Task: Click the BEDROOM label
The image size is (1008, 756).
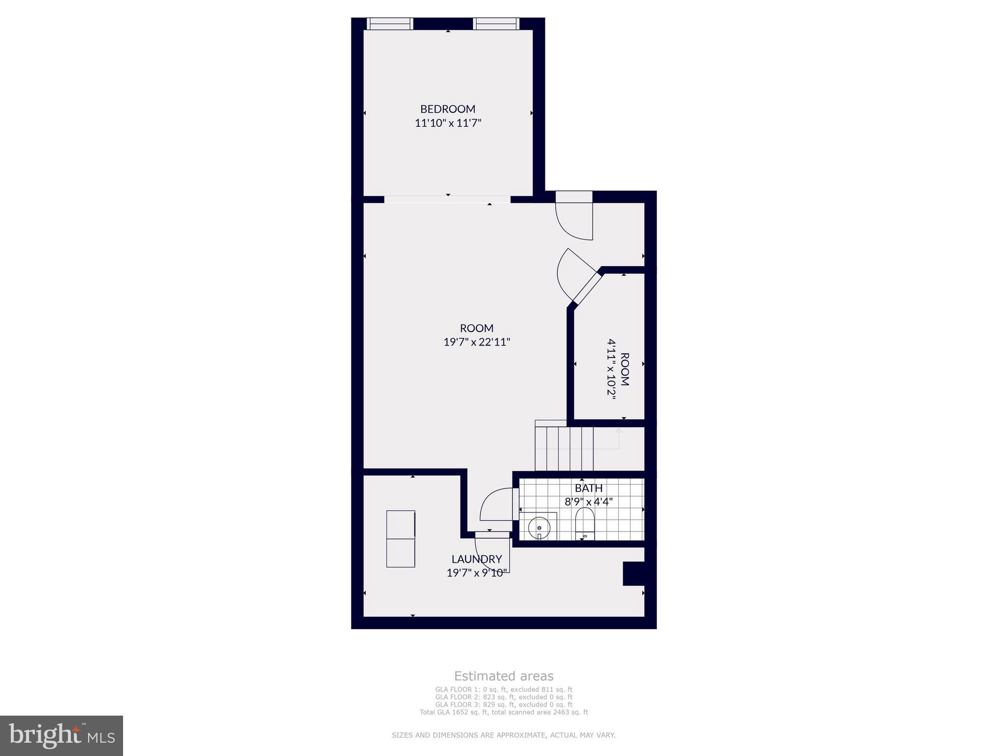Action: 447,109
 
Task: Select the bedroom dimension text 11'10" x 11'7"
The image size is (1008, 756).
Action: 447,123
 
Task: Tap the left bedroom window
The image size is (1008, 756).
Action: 390,23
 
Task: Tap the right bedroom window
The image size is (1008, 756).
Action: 496,23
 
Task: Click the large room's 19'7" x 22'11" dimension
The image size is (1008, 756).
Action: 476,342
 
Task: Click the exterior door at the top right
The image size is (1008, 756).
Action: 574,217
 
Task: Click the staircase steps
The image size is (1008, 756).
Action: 564,448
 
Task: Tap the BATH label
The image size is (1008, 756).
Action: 589,488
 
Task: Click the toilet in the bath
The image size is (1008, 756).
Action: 585,523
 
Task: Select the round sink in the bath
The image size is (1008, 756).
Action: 538,528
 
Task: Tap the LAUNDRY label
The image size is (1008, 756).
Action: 476,559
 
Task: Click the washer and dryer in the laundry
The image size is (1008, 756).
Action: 401,539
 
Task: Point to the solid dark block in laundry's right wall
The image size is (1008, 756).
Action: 633,573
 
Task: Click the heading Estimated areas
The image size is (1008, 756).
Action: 504,676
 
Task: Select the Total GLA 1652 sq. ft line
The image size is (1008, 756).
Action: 504,712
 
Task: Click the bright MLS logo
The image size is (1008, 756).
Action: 62,735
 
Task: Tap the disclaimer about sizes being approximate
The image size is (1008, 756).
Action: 504,735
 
